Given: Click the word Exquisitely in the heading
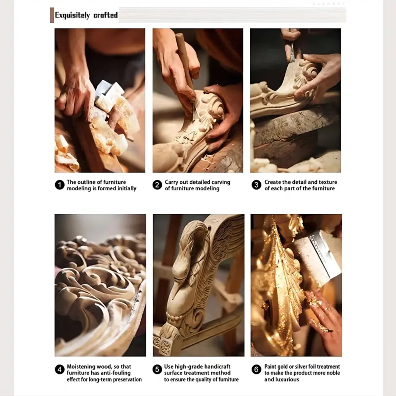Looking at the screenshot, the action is (x=72, y=15).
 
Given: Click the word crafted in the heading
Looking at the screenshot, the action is (x=106, y=15).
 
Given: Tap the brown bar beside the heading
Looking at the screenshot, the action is (x=52, y=15).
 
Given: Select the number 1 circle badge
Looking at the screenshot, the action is (x=60, y=185).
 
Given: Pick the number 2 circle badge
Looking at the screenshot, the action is (x=157, y=185).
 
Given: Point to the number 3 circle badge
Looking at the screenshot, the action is (x=256, y=185).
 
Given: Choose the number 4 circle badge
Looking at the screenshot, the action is (x=60, y=369).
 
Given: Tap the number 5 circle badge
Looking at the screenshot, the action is (x=157, y=369).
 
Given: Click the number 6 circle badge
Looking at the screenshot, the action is (x=256, y=369).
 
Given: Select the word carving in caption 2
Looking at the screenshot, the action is (x=221, y=183).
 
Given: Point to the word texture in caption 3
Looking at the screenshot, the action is (x=328, y=182).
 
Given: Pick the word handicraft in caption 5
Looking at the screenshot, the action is (x=218, y=367).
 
